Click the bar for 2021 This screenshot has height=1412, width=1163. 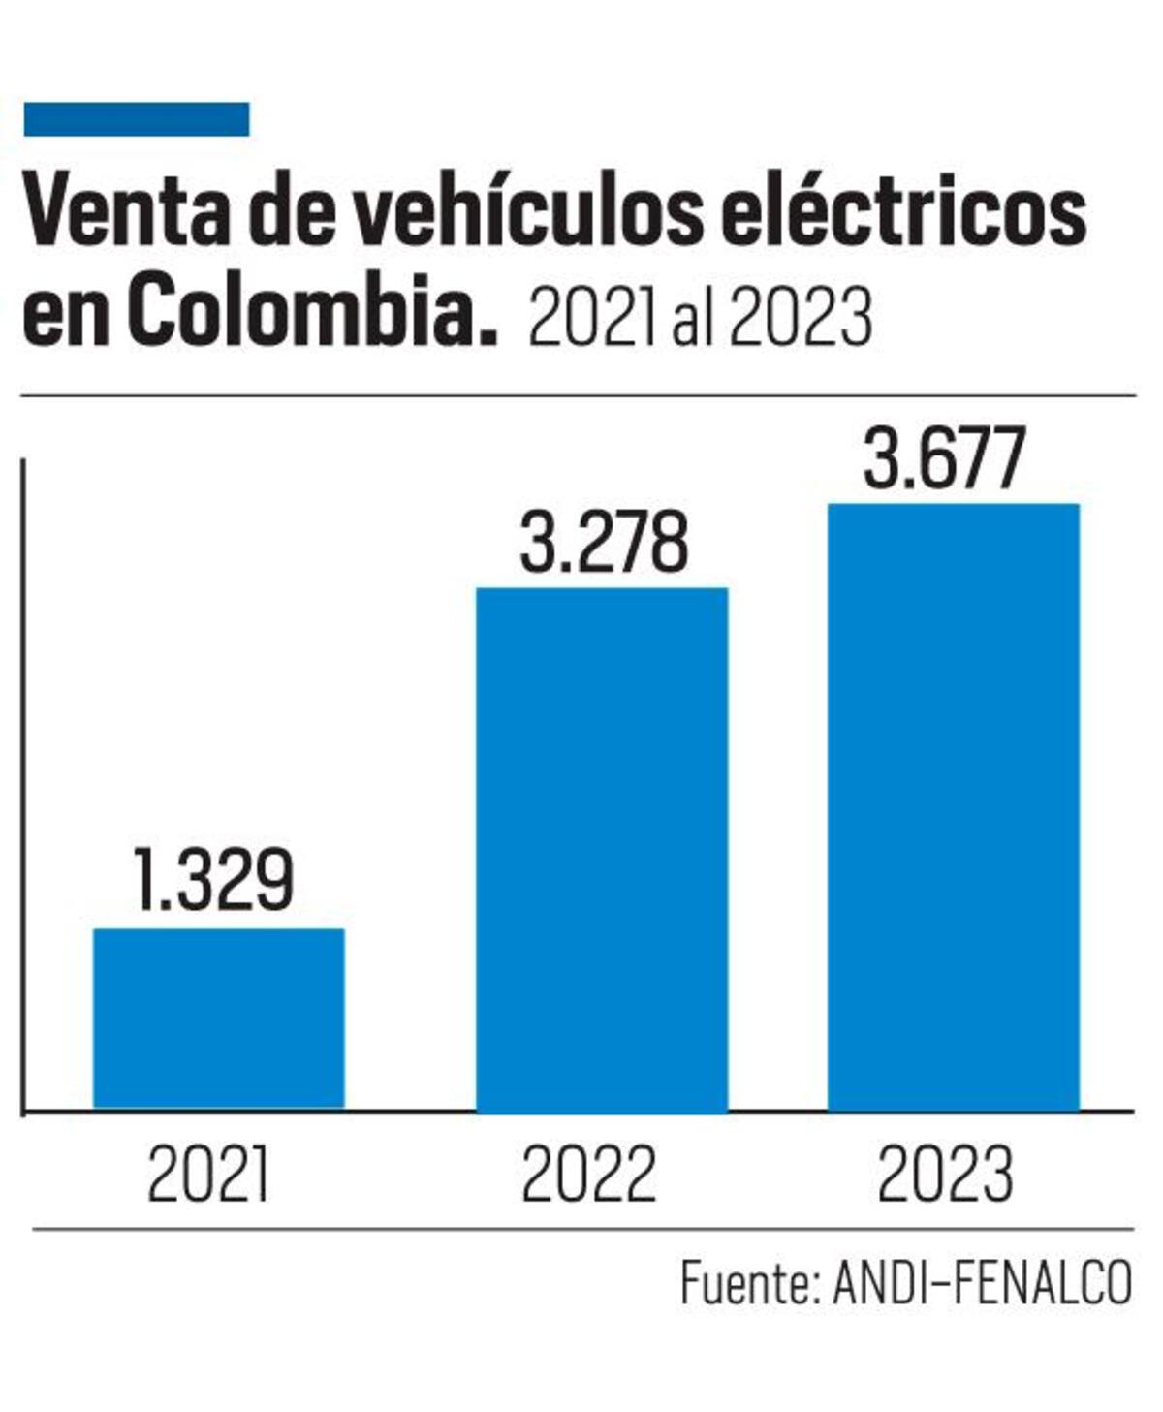218,1018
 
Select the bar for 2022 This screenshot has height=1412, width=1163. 601,850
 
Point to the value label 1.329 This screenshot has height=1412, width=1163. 213,881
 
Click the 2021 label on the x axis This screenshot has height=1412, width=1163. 208,1174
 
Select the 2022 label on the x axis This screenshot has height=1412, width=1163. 588,1174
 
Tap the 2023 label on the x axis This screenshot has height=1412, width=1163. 945,1174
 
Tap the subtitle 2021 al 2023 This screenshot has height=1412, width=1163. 700,318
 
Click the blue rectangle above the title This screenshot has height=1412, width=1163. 137,119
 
